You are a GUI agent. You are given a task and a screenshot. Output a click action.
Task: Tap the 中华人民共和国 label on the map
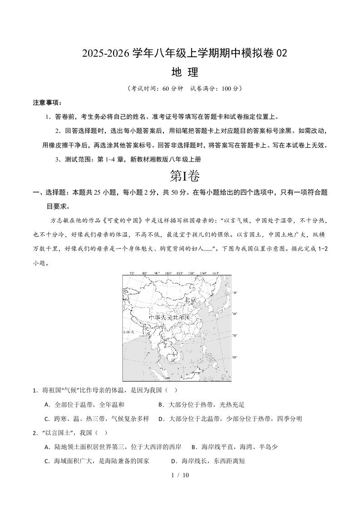(x=169, y=318)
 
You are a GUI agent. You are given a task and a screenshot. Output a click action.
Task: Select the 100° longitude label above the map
(x=168, y=273)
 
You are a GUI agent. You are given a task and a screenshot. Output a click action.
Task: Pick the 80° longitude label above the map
(x=144, y=273)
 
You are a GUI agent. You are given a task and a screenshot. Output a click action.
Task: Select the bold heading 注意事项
(x=47, y=103)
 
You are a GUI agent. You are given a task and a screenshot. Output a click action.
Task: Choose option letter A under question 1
(x=47, y=405)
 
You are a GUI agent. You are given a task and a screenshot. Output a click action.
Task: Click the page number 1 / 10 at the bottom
(x=180, y=475)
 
